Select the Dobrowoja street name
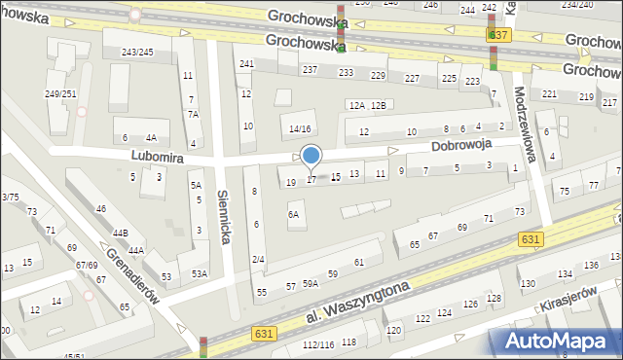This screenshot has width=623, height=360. coord(461,143)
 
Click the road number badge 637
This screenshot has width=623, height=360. coord(497,34)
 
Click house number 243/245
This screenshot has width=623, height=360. coord(136,52)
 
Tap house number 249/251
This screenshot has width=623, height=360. coord(60,93)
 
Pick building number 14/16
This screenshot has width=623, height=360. coord(299,128)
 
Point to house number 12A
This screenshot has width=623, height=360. coord(356,105)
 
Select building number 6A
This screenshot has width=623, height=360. coord(293,214)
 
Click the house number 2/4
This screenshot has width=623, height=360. coord(258,259)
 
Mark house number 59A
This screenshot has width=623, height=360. coord(310,283)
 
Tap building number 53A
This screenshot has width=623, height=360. coord(199,273)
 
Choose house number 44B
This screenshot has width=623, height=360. coord(120,234)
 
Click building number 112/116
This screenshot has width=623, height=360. coord(317,344)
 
